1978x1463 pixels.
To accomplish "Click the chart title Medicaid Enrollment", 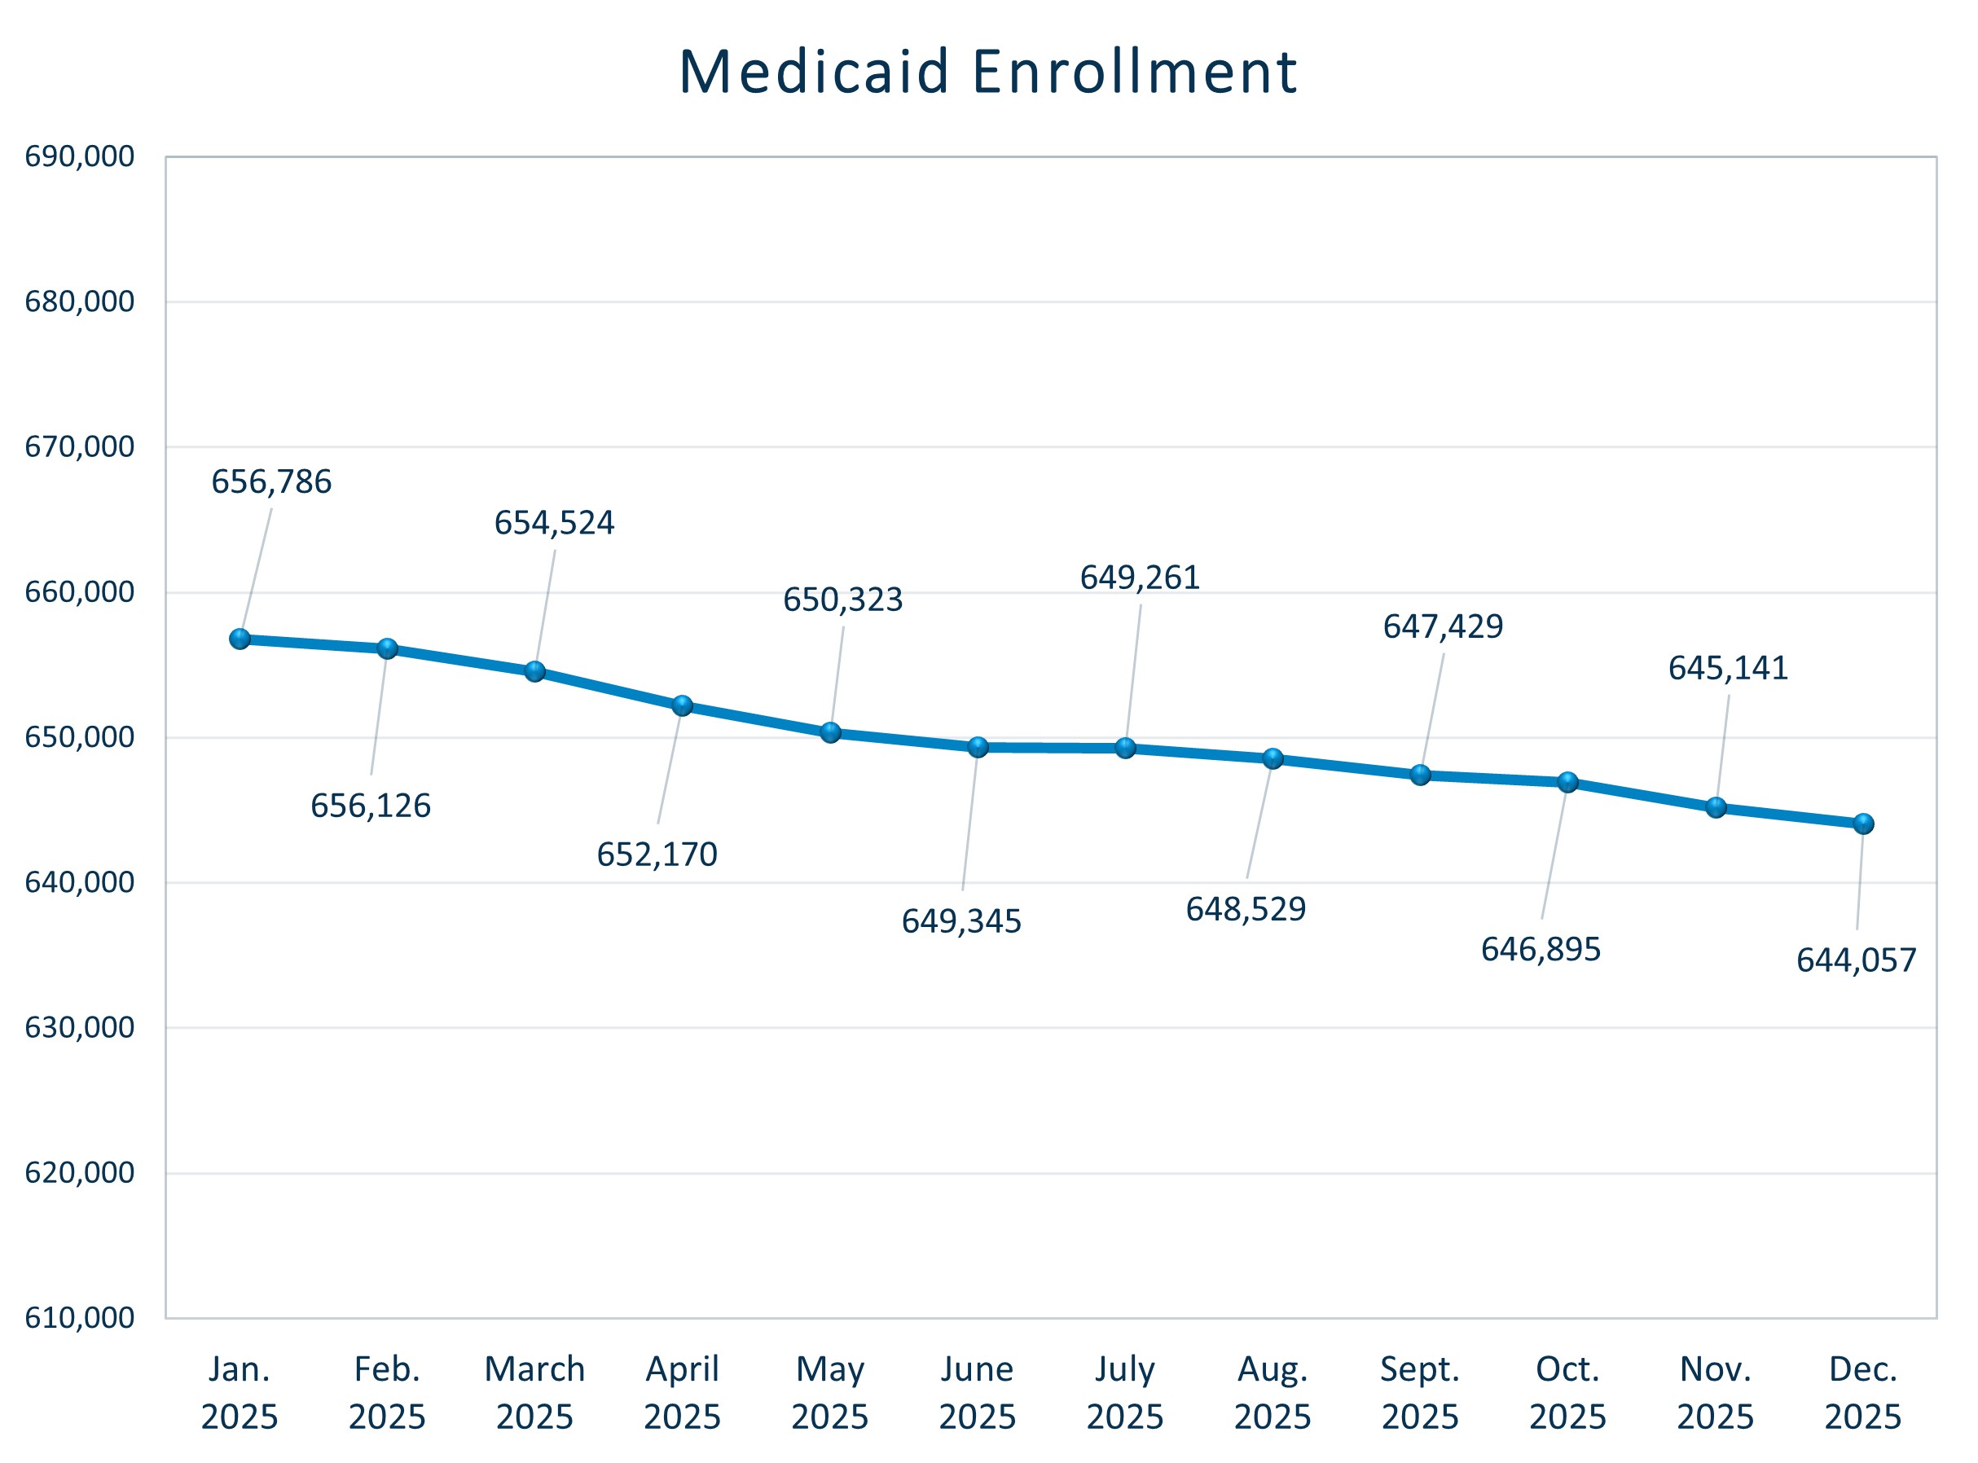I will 987,72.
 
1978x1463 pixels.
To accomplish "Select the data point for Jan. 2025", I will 240,639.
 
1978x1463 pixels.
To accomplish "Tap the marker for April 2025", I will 682,705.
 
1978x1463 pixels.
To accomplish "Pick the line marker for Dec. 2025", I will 1863,824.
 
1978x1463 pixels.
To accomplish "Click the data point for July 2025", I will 1125,748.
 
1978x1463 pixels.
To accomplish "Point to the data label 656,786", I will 271,481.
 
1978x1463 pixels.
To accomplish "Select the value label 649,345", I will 961,922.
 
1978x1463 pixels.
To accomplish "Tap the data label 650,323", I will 843,600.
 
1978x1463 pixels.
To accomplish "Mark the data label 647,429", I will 1444,626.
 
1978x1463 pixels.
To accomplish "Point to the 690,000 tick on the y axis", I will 80,156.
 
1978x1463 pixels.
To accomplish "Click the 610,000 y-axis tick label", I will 80,1318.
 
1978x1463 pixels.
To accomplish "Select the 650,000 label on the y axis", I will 80,737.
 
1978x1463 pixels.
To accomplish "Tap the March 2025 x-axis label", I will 534,1392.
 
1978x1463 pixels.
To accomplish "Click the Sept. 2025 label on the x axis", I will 1420,1392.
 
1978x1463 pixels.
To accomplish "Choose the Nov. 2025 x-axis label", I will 1715,1392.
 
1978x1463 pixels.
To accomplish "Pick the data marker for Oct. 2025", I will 1568,782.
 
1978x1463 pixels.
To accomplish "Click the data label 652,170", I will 657,855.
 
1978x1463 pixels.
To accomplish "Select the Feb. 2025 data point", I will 387,648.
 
